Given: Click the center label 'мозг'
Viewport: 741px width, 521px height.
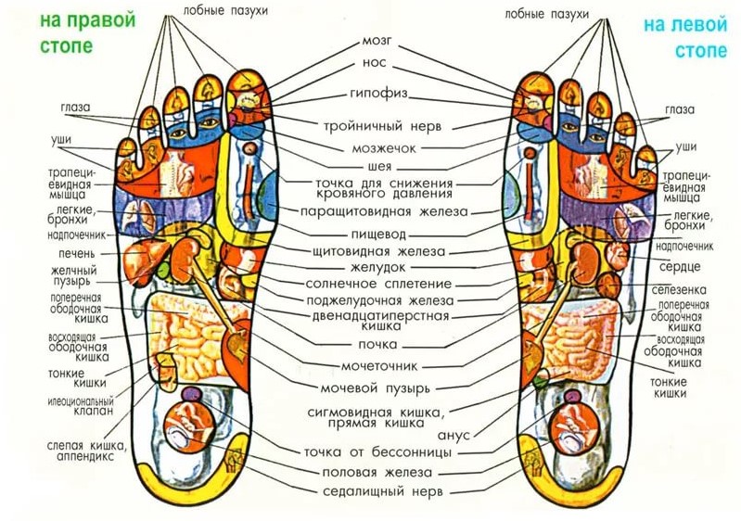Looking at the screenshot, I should [x=375, y=42].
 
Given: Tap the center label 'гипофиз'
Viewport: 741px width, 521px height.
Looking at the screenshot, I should [x=375, y=95].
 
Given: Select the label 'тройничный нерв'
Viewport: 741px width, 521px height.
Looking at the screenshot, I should [x=376, y=123].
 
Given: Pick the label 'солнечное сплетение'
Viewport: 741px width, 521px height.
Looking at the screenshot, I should [x=376, y=284].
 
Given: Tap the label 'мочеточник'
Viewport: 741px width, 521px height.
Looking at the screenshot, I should [x=377, y=365].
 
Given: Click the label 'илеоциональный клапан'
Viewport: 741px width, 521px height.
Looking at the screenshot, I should [x=80, y=406].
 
